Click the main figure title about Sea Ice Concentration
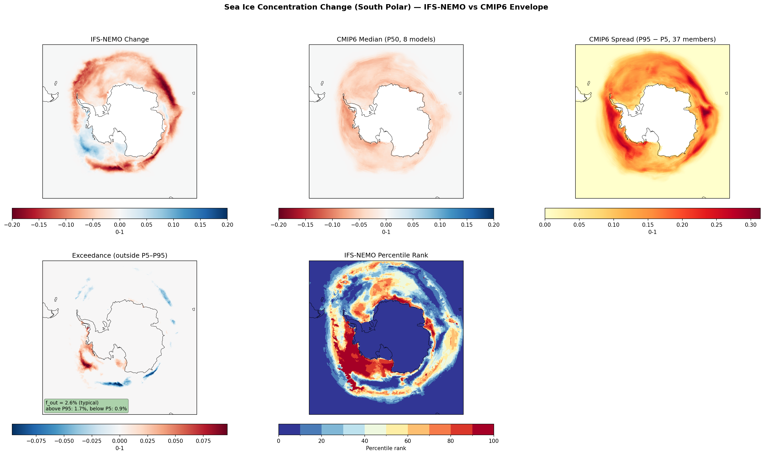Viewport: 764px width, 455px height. point(386,7)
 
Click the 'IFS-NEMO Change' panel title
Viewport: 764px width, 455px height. point(120,39)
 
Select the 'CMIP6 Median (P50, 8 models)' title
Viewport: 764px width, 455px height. point(386,39)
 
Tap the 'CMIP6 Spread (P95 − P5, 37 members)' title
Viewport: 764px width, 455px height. point(652,39)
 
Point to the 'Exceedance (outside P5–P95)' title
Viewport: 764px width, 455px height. point(120,255)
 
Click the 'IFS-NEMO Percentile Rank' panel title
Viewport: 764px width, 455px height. point(386,255)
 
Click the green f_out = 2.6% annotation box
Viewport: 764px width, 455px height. point(86,406)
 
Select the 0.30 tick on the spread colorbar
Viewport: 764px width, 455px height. point(751,225)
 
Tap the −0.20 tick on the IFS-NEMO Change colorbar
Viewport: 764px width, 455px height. point(12,225)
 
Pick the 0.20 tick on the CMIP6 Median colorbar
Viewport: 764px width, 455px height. point(494,225)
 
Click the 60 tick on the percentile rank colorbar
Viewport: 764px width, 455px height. point(408,441)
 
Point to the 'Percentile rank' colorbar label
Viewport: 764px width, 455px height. point(386,448)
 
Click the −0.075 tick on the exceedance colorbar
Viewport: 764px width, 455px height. point(36,441)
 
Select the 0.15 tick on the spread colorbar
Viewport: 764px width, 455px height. point(648,225)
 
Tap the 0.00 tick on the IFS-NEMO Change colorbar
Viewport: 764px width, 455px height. point(120,225)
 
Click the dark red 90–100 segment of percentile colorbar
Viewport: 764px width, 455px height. point(483,429)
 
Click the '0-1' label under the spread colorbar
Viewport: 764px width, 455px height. point(652,232)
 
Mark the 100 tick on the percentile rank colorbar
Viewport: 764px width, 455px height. point(494,441)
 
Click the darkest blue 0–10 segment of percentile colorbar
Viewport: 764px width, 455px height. point(289,429)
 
